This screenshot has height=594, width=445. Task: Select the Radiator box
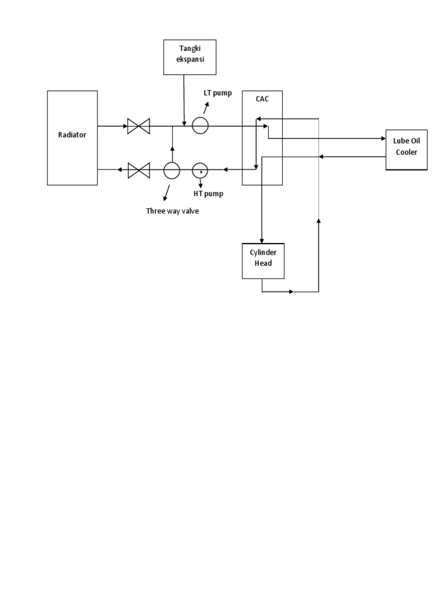pos(72,137)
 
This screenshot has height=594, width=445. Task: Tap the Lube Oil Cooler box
pos(406,150)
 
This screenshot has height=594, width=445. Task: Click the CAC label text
pos(262,99)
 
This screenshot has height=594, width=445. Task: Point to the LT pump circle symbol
pos(200,125)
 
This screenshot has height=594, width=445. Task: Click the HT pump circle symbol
pos(200,169)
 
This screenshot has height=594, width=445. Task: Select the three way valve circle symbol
pos(172,169)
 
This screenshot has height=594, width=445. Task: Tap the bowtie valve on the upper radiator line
pos(138,125)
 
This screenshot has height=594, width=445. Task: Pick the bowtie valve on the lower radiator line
pos(138,170)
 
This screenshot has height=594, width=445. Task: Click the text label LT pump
pos(218,93)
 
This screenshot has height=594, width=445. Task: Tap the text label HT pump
pos(208,193)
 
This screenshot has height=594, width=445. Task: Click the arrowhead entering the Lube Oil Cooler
pos(382,139)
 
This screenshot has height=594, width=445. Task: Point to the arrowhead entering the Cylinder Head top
pos(262,240)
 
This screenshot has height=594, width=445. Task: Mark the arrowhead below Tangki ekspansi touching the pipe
pos(184,122)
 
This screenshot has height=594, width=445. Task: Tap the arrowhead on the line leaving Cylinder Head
pos(291,291)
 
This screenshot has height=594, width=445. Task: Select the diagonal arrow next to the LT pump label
pos(206,107)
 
